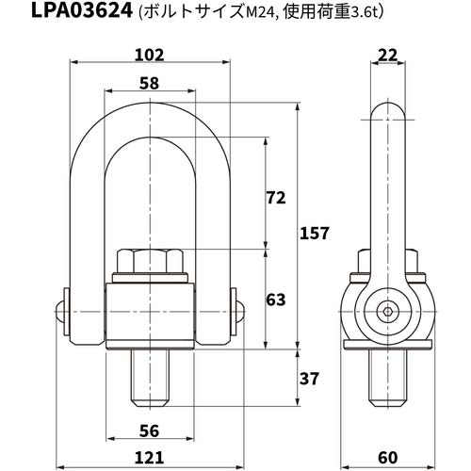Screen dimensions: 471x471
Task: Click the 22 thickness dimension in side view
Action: (x=386, y=56)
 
